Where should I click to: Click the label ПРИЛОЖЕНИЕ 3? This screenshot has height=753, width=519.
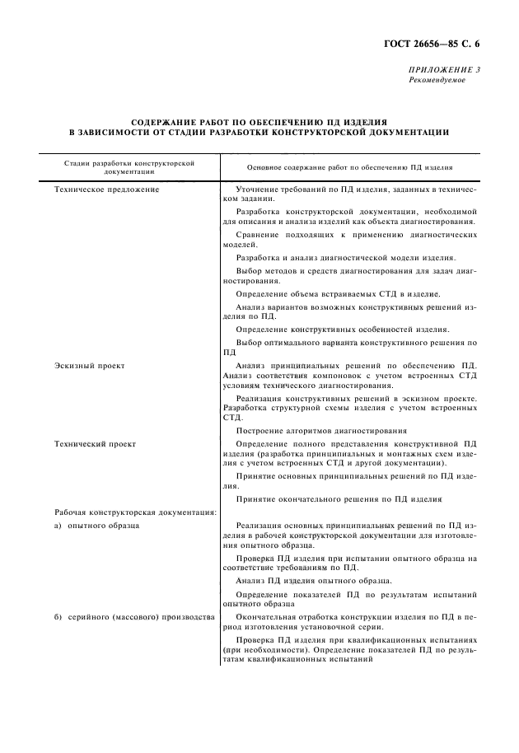444,70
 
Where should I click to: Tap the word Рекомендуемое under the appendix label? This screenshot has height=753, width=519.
437,80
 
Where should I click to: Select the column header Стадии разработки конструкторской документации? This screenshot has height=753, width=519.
129,167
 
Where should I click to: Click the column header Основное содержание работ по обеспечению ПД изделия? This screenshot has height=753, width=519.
350,167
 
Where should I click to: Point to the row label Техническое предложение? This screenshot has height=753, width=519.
106,189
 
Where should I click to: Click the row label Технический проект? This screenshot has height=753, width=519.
96,443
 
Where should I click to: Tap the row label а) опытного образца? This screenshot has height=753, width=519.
97,524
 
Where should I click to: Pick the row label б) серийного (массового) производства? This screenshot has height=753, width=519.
134,616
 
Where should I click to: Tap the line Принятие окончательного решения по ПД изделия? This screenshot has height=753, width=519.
339,499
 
